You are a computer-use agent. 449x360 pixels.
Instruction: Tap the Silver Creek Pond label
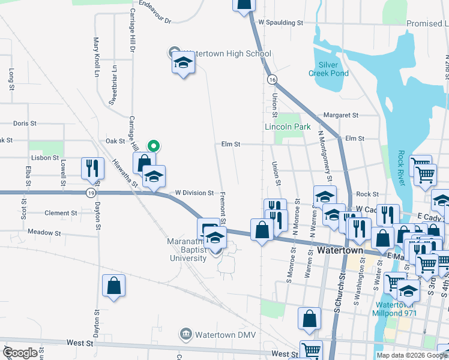pyautogui.click(x=328, y=68)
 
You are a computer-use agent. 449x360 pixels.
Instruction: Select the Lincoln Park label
pyautogui.click(x=288, y=127)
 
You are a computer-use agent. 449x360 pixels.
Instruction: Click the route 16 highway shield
pyautogui.click(x=273, y=79)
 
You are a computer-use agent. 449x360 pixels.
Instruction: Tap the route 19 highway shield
pyautogui.click(x=91, y=193)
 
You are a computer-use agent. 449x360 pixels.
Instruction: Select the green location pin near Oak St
pyautogui.click(x=154, y=145)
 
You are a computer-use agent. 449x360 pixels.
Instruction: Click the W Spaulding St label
pyautogui.click(x=281, y=23)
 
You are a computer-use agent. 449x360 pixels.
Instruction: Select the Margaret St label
pyautogui.click(x=340, y=115)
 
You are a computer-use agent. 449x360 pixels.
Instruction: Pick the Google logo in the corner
pyautogui.click(x=19, y=353)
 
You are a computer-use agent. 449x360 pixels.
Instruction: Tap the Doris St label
pyautogui.click(x=25, y=123)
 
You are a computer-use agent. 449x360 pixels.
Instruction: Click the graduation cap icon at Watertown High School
pyautogui.click(x=183, y=62)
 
